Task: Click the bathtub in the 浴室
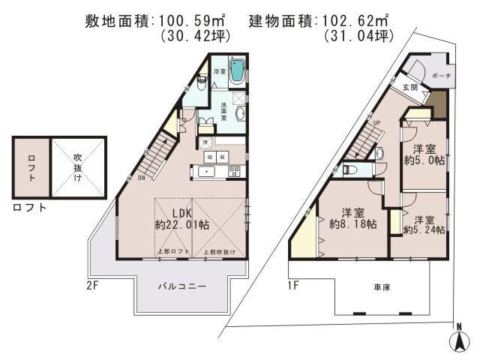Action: (237, 72)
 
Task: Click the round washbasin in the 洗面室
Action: (241, 113)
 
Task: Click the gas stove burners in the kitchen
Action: (234, 171)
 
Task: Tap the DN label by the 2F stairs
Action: (141, 178)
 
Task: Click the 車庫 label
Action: (382, 287)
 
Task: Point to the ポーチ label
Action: (441, 76)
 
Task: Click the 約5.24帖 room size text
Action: (424, 230)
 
